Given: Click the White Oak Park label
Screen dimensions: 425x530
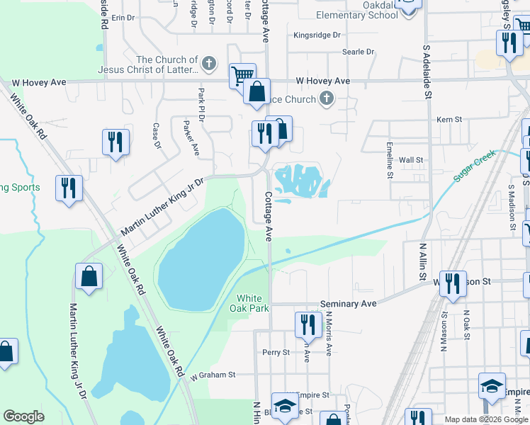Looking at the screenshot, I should coord(252,303).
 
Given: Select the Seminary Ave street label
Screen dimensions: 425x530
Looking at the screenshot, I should coord(348,303).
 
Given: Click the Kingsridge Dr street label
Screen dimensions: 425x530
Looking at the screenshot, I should coord(317,35).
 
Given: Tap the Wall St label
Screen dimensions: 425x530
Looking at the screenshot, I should coord(411,161).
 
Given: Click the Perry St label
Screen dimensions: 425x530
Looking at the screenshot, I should coord(276,352).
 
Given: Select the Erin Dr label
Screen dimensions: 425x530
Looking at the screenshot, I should coord(123,17).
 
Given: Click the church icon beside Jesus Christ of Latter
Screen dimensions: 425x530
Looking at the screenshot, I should coord(208,64).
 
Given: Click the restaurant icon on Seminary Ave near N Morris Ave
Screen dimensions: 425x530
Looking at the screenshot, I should coord(307,324).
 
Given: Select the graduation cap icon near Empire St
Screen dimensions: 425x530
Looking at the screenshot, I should coord(492,385).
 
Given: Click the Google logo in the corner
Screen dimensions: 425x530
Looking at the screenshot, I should coord(23,416).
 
